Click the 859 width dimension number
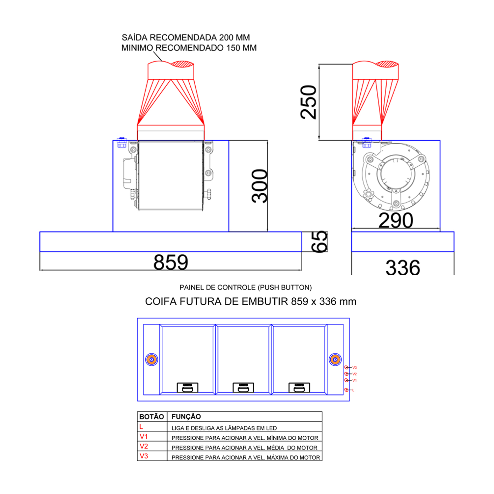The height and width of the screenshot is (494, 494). click(x=171, y=262)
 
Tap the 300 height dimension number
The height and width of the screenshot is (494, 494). click(x=260, y=186)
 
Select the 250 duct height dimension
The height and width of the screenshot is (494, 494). click(x=309, y=102)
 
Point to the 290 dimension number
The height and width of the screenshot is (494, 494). click(x=396, y=220)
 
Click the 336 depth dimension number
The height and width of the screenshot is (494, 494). click(x=403, y=267)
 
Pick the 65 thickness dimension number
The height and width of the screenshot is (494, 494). click(x=319, y=242)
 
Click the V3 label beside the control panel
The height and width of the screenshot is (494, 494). click(x=355, y=368)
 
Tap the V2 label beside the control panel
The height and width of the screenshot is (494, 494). click(x=355, y=374)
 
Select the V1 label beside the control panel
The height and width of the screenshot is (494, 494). click(x=355, y=380)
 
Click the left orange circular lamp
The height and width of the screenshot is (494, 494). click(x=151, y=360)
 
